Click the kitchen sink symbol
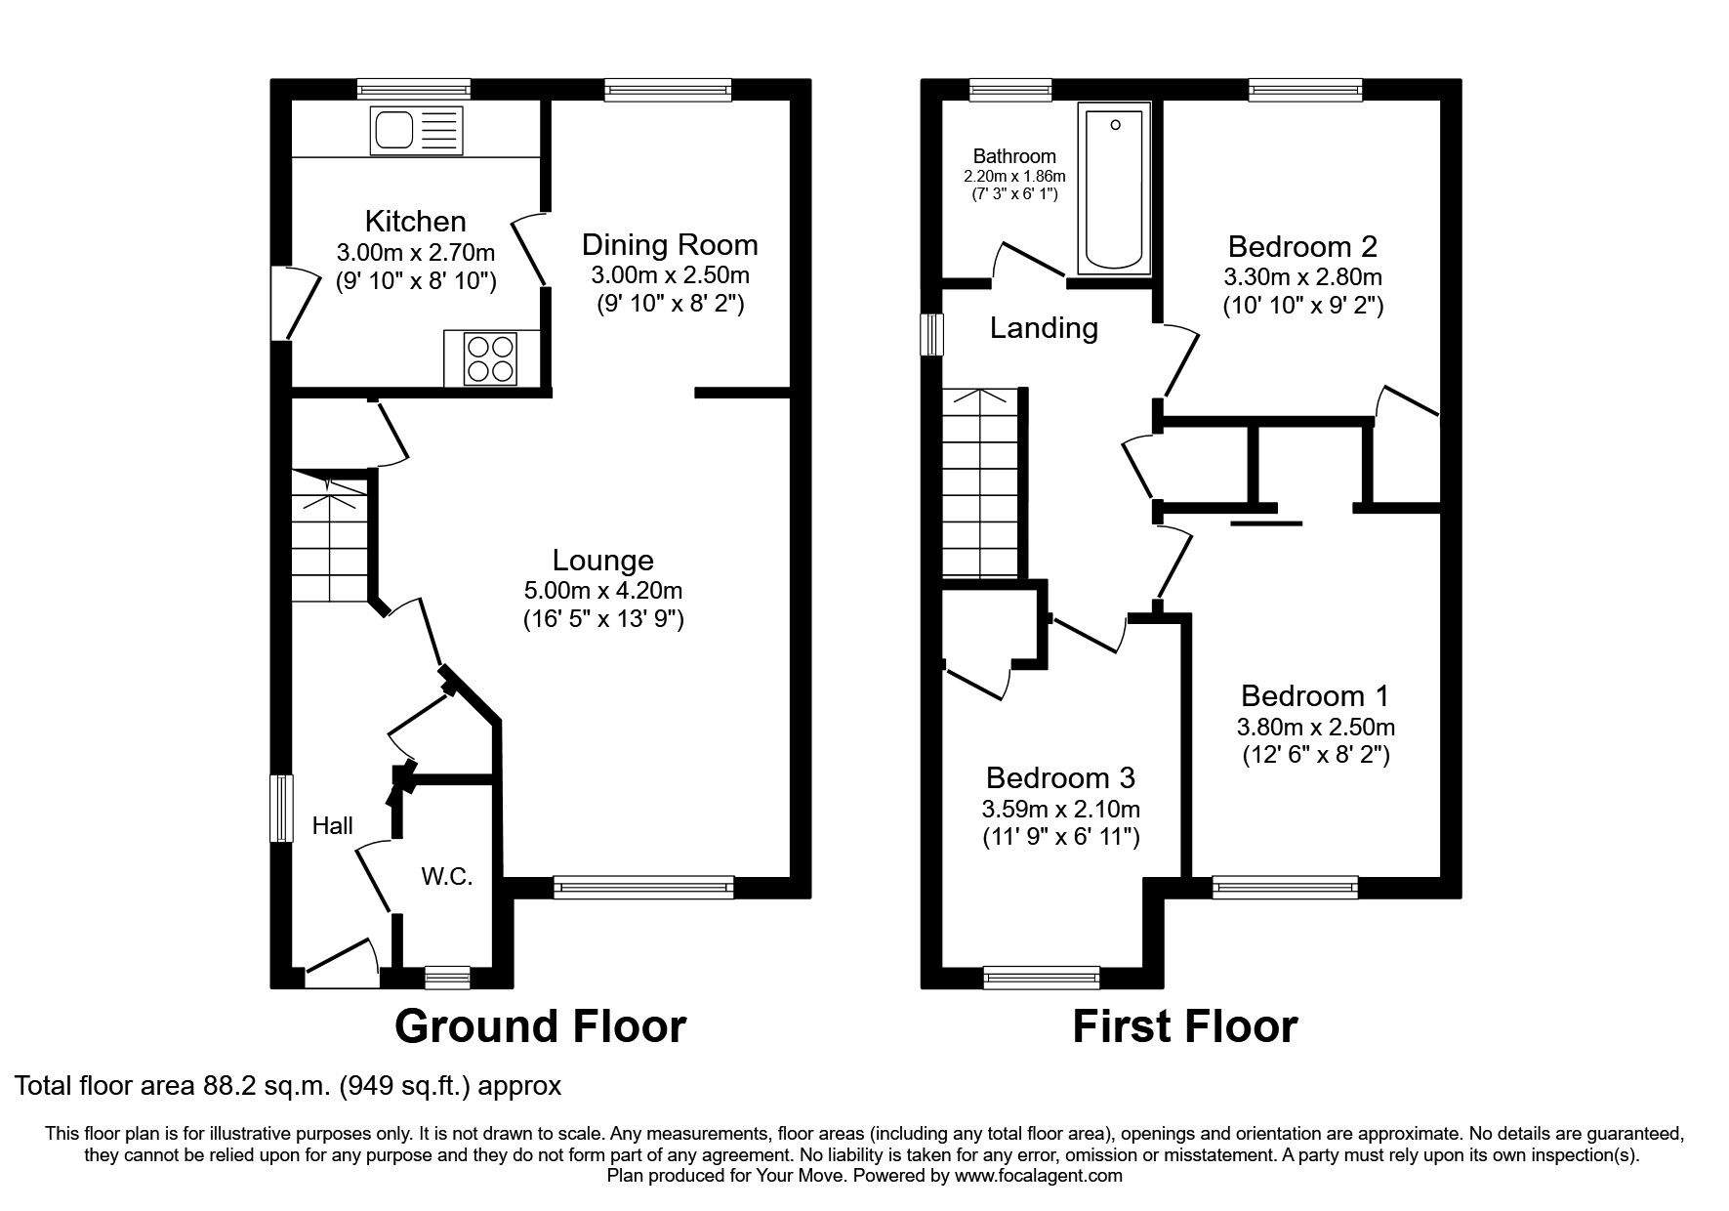[417, 130]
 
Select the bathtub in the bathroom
[1114, 189]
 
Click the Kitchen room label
[415, 221]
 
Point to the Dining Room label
[670, 244]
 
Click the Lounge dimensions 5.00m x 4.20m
[602, 590]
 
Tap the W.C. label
[447, 877]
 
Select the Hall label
[332, 826]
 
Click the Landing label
[1044, 328]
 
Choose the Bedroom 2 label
[1302, 246]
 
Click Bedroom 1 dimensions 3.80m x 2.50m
[1315, 727]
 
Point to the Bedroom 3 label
[1060, 778]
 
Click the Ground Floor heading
[540, 1026]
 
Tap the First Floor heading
[1184, 1026]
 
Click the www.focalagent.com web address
[1039, 1176]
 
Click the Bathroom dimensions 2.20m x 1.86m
[1014, 177]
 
